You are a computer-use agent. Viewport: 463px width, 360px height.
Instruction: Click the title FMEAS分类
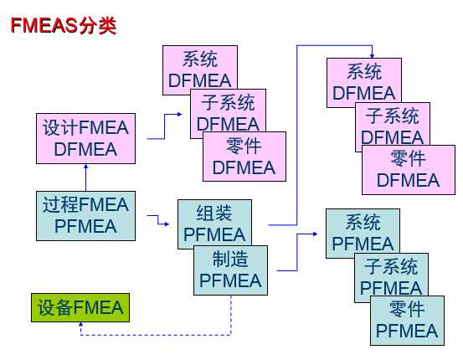coord(63,25)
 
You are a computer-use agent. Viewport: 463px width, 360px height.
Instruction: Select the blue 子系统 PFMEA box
coord(391,277)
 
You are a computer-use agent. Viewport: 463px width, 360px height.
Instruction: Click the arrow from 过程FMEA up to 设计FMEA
coord(85,177)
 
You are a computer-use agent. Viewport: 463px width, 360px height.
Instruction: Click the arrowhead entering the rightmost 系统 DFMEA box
coord(371,54)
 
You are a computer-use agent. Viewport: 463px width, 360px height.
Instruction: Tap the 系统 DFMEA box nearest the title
coord(199,69)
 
